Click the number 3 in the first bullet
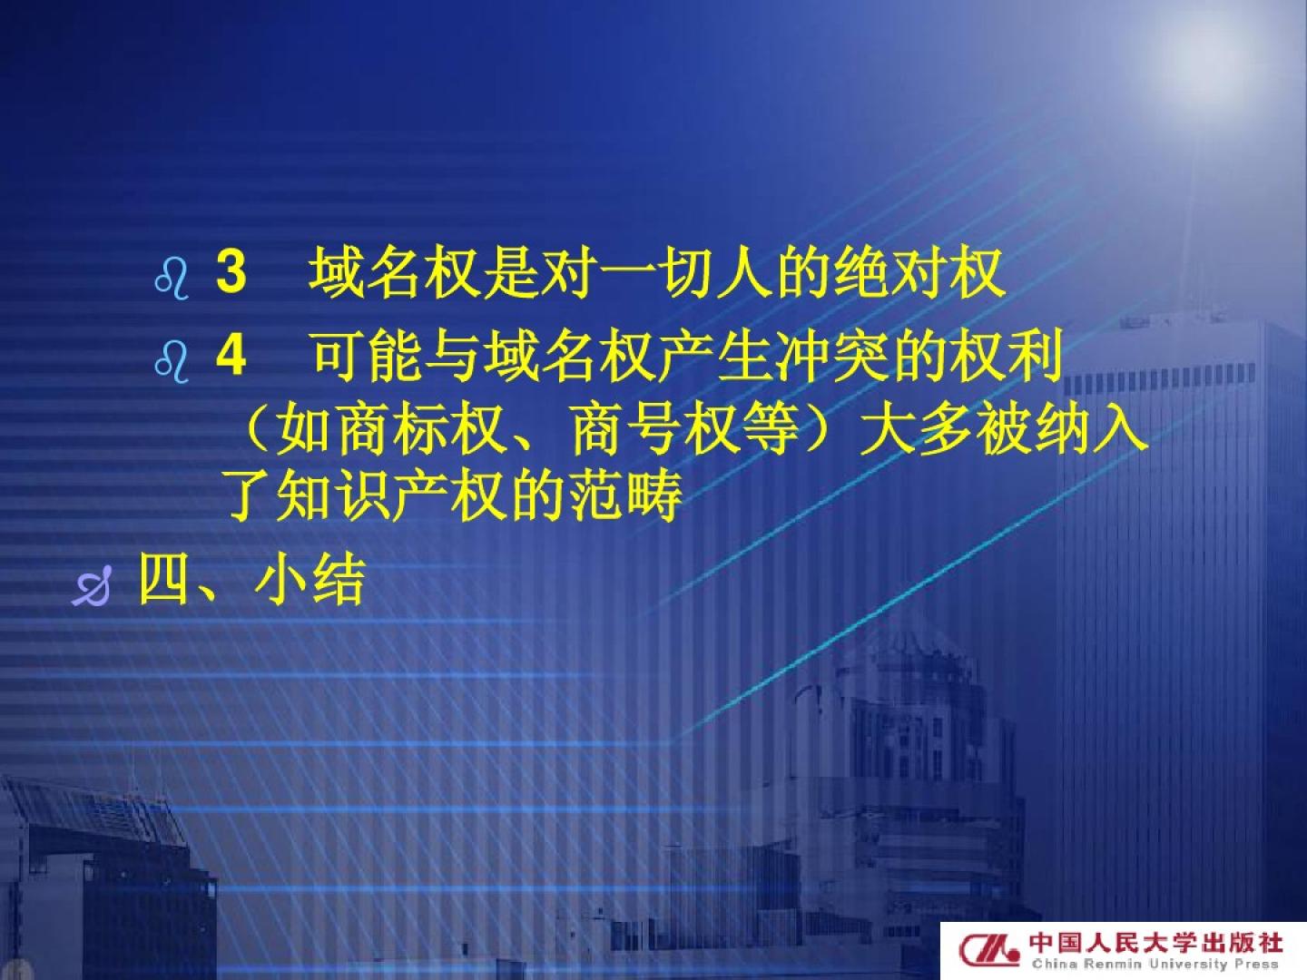(231, 272)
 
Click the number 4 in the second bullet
(231, 355)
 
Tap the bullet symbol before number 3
(172, 279)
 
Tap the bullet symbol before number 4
(172, 363)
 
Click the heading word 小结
(309, 579)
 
